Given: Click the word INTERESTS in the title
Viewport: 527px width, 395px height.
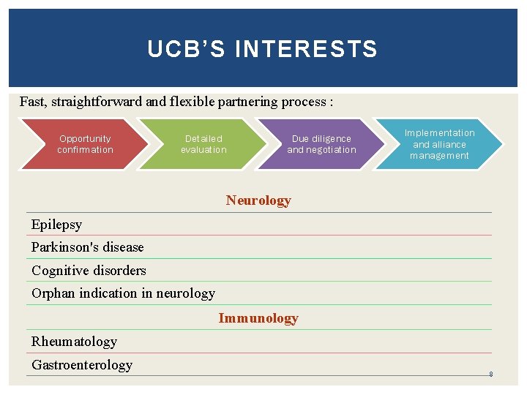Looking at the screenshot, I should pyautogui.click(x=307, y=49).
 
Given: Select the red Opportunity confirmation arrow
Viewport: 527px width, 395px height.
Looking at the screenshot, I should pyautogui.click(x=85, y=144).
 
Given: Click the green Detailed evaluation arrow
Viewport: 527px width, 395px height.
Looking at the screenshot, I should pyautogui.click(x=203, y=144).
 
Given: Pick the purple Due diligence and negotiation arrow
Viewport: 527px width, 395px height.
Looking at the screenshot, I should pyautogui.click(x=321, y=144).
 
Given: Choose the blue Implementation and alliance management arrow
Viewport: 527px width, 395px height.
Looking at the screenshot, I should pyautogui.click(x=439, y=144).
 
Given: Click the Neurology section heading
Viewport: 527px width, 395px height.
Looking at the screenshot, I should pyautogui.click(x=258, y=200).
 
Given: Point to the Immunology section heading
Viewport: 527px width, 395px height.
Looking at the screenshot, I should pyautogui.click(x=258, y=318).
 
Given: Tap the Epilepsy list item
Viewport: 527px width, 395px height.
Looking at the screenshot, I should pyautogui.click(x=56, y=225).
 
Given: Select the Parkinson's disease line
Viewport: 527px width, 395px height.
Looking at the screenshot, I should pyautogui.click(x=87, y=247).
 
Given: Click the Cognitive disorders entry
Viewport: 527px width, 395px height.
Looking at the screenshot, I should pyautogui.click(x=89, y=271).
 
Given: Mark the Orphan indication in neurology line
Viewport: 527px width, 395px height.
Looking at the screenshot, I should pyautogui.click(x=123, y=293).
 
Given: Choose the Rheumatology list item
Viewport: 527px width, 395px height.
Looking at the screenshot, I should pyautogui.click(x=74, y=342).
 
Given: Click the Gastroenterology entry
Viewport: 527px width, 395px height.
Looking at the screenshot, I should pyautogui.click(x=82, y=365).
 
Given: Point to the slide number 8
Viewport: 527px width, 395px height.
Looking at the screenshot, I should pyautogui.click(x=490, y=375).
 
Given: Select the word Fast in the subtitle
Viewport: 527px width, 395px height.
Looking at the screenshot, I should pyautogui.click(x=34, y=102).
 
